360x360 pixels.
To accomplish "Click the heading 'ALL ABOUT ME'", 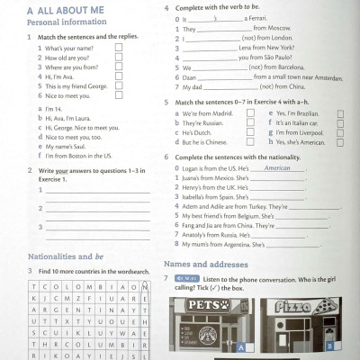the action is coord(67,10).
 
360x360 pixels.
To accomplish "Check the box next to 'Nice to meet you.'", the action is coord(119,94).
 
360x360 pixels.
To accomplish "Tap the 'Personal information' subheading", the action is coord(53,22).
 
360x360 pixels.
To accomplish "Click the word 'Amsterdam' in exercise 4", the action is coord(323,77).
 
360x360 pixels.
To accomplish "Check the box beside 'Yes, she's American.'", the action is coord(339,141).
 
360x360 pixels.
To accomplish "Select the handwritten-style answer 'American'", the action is coord(277,167).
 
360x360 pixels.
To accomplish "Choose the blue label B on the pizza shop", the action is coord(329,345).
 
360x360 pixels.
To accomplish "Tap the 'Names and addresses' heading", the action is coord(206,265).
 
